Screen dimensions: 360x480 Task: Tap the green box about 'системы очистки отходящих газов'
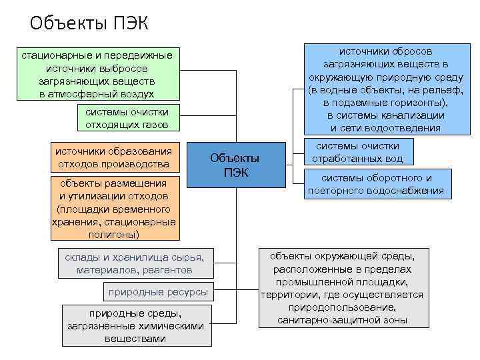(x=127, y=118)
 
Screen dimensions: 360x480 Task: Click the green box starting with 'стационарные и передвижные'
(x=97, y=75)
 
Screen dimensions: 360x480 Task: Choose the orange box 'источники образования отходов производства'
(x=118, y=157)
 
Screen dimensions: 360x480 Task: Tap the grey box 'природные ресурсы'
(x=158, y=291)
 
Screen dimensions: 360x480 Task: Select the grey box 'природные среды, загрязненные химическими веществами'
(x=135, y=325)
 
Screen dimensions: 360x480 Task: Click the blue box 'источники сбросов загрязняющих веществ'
(x=385, y=89)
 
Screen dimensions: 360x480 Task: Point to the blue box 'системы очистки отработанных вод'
(x=357, y=152)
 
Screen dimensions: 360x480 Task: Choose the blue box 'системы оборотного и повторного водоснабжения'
(x=376, y=185)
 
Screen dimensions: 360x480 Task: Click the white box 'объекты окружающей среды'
(x=342, y=288)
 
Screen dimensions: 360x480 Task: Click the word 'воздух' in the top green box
(x=138, y=94)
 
